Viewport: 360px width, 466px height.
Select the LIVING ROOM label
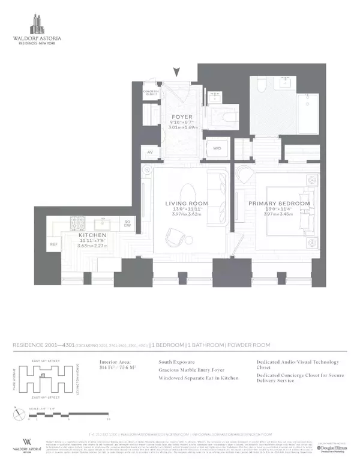(187, 204)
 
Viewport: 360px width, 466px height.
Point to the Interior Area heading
(115, 363)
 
